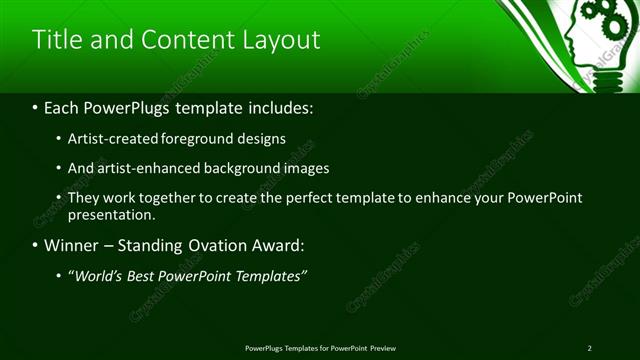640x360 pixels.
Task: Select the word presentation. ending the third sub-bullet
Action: pos(111,215)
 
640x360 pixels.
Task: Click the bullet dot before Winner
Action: pos(37,245)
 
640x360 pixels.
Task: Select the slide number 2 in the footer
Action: pos(589,348)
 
